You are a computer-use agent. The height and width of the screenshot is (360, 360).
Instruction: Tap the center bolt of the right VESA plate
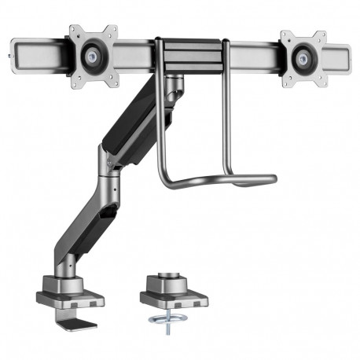(303, 57)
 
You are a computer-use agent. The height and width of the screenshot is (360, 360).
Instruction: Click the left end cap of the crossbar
(10, 57)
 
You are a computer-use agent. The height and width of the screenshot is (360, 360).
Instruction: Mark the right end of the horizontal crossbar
(347, 57)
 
